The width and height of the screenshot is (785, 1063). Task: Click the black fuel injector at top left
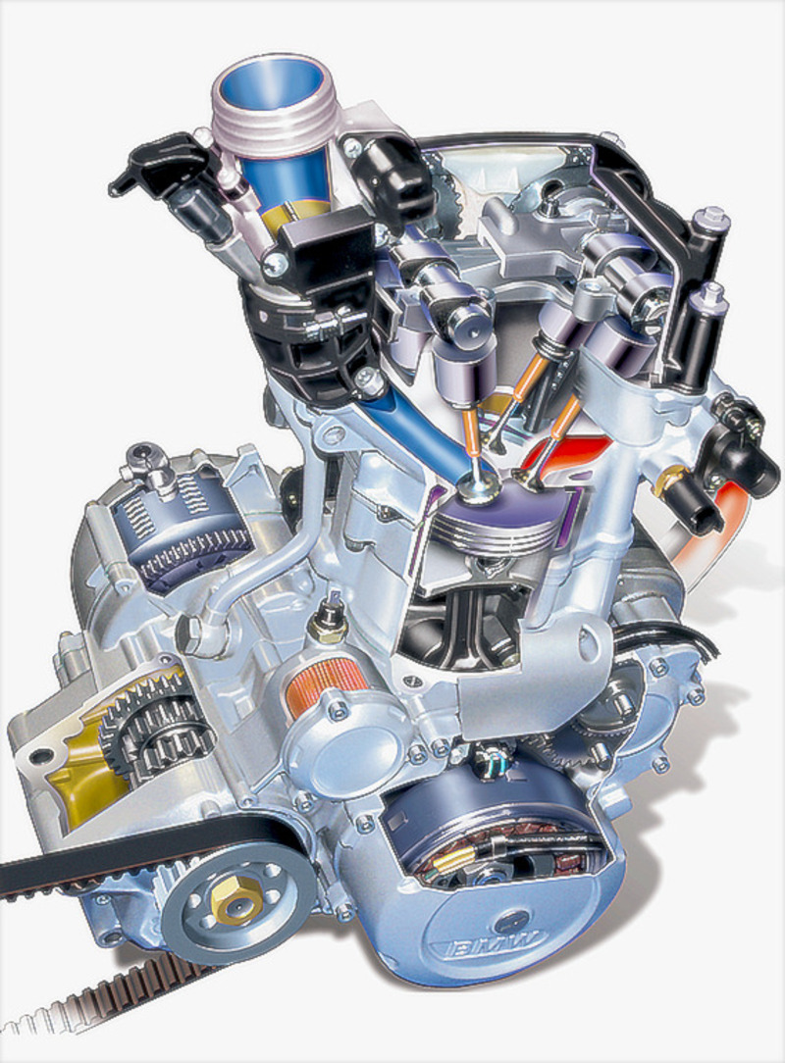162,167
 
